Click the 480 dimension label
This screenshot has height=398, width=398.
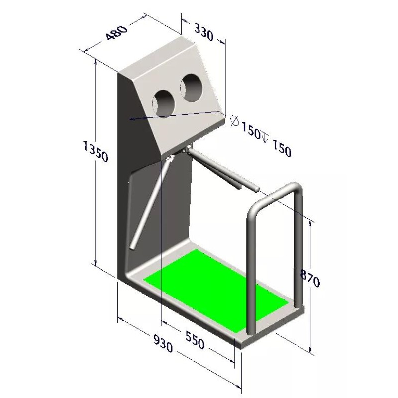tap(116, 33)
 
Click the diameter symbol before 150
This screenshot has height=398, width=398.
tap(235, 121)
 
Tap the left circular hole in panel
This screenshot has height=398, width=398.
tap(163, 102)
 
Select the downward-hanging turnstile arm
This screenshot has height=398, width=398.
tap(149, 204)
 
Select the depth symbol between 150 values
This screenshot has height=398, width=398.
tap(264, 136)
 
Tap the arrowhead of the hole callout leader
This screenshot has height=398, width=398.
tap(131, 119)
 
